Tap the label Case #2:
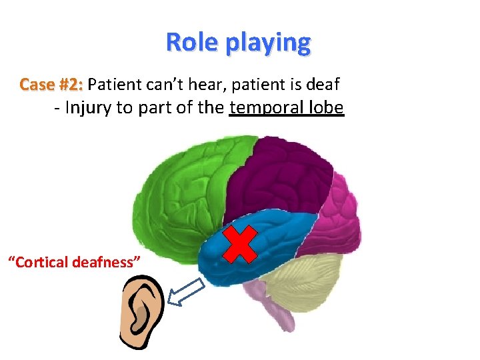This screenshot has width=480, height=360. click(x=51, y=85)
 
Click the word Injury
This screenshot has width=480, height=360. click(x=88, y=107)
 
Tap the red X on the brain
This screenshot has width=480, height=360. click(x=240, y=243)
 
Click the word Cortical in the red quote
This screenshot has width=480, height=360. click(x=44, y=261)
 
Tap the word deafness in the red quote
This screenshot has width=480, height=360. click(x=111, y=261)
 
